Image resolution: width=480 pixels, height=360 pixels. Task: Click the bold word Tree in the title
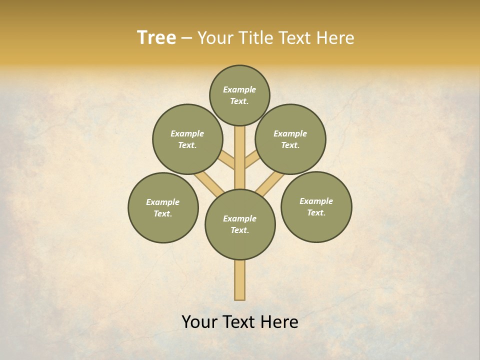[x=156, y=38]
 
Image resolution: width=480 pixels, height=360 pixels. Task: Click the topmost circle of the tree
[x=239, y=95]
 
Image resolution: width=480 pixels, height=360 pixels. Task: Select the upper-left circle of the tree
[x=187, y=139]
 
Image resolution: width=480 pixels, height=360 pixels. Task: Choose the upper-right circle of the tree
[x=290, y=139]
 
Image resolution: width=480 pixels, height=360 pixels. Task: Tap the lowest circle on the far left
[x=163, y=207]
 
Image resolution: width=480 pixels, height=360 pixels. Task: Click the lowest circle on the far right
[x=316, y=206]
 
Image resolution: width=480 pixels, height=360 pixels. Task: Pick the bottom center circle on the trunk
[x=240, y=224]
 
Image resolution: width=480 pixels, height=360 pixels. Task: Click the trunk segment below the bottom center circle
[x=240, y=280]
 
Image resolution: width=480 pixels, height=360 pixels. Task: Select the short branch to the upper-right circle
[x=252, y=161]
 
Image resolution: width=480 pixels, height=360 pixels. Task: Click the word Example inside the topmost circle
[x=239, y=89]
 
